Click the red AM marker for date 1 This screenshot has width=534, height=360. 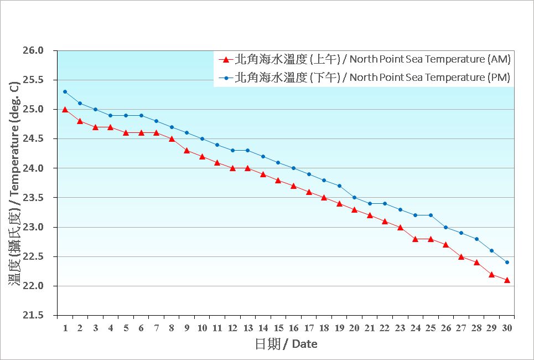coord(65,110)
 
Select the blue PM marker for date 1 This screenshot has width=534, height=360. coord(65,92)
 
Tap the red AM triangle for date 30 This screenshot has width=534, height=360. coord(507,280)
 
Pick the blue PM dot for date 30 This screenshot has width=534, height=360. coord(507,263)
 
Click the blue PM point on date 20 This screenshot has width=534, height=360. coord(354,198)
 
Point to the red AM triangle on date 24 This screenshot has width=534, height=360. coord(416,239)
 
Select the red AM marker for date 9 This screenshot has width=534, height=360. coord(186,151)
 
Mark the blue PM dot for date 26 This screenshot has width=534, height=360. coord(446,227)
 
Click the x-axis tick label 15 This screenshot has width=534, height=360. coord(278,328)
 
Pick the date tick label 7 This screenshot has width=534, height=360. coord(156,328)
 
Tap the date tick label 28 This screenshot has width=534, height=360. coord(476,328)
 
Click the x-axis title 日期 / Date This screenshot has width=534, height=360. coord(286,344)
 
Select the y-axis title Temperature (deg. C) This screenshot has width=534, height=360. coord(15,183)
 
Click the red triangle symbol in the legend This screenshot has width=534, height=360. coord(225,59)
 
